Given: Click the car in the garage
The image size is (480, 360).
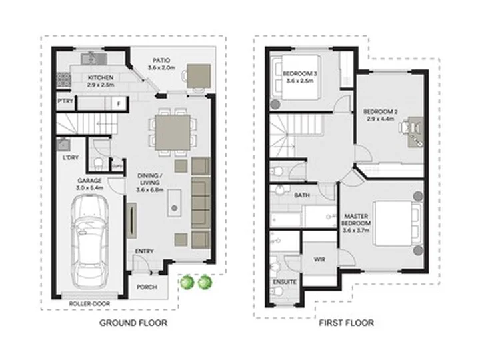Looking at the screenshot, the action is coord(90,242).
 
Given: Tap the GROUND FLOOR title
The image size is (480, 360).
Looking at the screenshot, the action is coord(133,323).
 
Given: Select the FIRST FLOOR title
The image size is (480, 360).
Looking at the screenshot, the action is coord(346,323).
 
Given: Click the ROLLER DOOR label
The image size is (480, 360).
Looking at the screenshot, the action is coord(89,304).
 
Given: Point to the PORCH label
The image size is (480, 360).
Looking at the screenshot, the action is coord(147,287).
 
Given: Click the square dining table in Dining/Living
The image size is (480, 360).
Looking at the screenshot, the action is coord(173,133).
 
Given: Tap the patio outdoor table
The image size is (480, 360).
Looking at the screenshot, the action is coord(199,76).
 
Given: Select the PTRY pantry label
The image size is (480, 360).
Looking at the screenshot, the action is coord(65,101).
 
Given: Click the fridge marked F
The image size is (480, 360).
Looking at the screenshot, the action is coord(118,103).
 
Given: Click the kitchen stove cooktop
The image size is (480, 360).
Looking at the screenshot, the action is coord(63,79).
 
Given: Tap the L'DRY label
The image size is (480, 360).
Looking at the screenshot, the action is coord(71,157).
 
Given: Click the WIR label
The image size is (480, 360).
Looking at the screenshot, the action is coord(319,259).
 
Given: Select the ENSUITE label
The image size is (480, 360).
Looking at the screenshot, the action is coord(285,282).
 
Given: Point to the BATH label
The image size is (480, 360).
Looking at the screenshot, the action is coord(302,195).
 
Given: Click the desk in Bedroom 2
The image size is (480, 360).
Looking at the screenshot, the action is coord(417,132).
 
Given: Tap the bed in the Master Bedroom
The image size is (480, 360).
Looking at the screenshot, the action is coord(397,223).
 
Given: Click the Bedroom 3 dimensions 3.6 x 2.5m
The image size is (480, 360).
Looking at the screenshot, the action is coord(300,81).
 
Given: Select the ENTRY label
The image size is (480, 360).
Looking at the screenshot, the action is coord(144,251).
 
